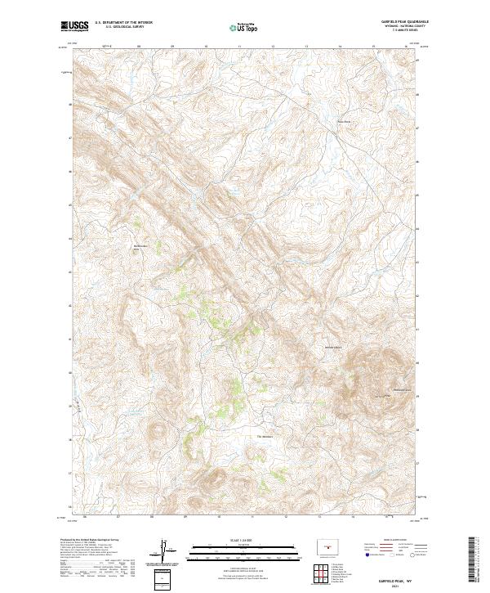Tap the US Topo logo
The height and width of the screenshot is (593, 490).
tap(245, 26)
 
